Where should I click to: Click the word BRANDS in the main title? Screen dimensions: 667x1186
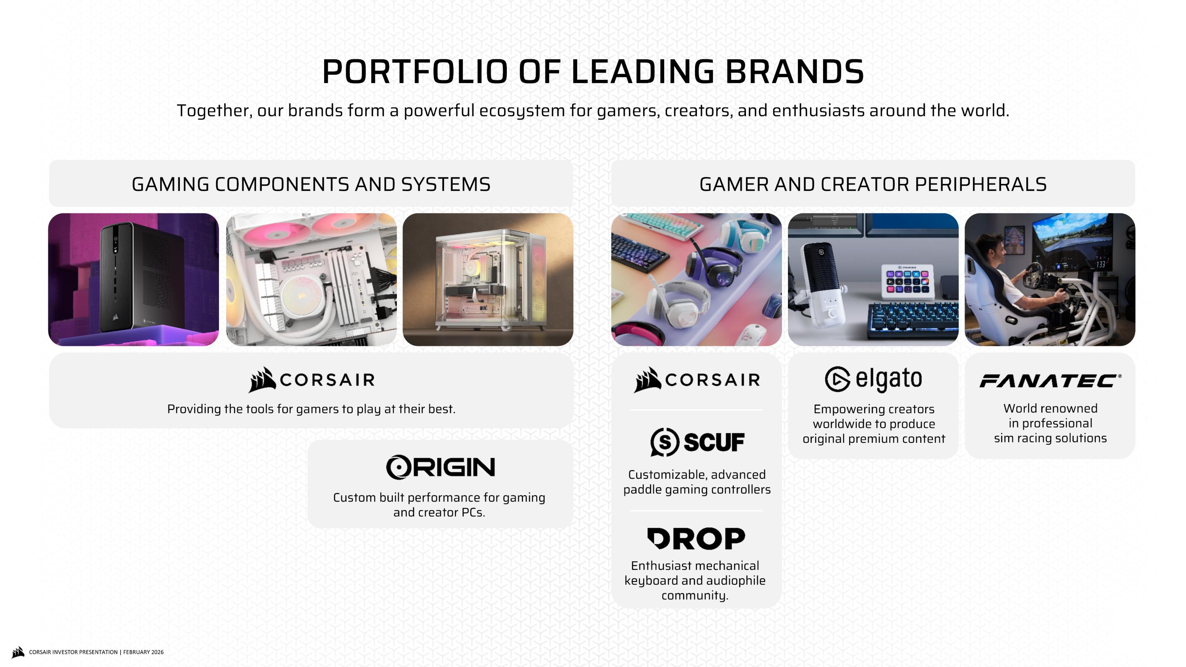click(x=794, y=72)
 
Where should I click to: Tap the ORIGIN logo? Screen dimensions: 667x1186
click(x=440, y=467)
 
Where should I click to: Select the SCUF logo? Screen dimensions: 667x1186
click(x=697, y=442)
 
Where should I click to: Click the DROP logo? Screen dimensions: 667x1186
click(x=696, y=539)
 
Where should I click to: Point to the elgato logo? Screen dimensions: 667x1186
click(x=873, y=379)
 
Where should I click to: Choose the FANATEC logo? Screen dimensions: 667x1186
click(x=1050, y=381)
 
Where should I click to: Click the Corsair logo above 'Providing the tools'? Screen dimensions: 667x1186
click(x=311, y=380)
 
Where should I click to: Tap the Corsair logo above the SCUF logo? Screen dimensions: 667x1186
click(x=696, y=380)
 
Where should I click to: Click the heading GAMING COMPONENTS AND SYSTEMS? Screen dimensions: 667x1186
click(x=311, y=184)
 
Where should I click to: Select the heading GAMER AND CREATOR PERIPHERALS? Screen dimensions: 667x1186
click(x=873, y=184)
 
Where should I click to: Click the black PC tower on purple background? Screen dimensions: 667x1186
click(x=134, y=276)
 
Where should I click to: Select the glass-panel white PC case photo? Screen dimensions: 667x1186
click(x=488, y=280)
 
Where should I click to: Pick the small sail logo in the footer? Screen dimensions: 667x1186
click(x=18, y=652)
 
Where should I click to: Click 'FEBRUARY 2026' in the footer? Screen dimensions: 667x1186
click(x=143, y=652)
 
